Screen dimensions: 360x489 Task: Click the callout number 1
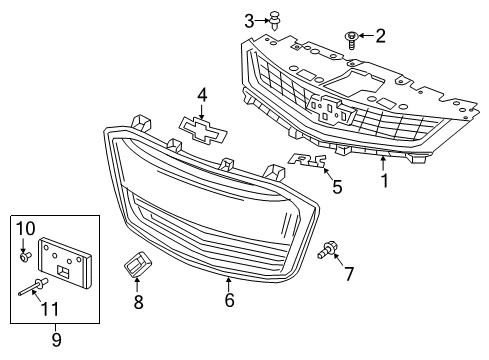coord(382,182)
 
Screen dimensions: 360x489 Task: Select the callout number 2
coord(380,37)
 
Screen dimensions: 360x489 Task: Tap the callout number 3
coord(249,19)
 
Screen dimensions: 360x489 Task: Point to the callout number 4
coord(202,95)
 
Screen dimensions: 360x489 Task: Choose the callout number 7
coord(349,274)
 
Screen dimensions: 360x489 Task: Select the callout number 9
coord(56,339)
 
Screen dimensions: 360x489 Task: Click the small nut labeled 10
coord(24,256)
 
